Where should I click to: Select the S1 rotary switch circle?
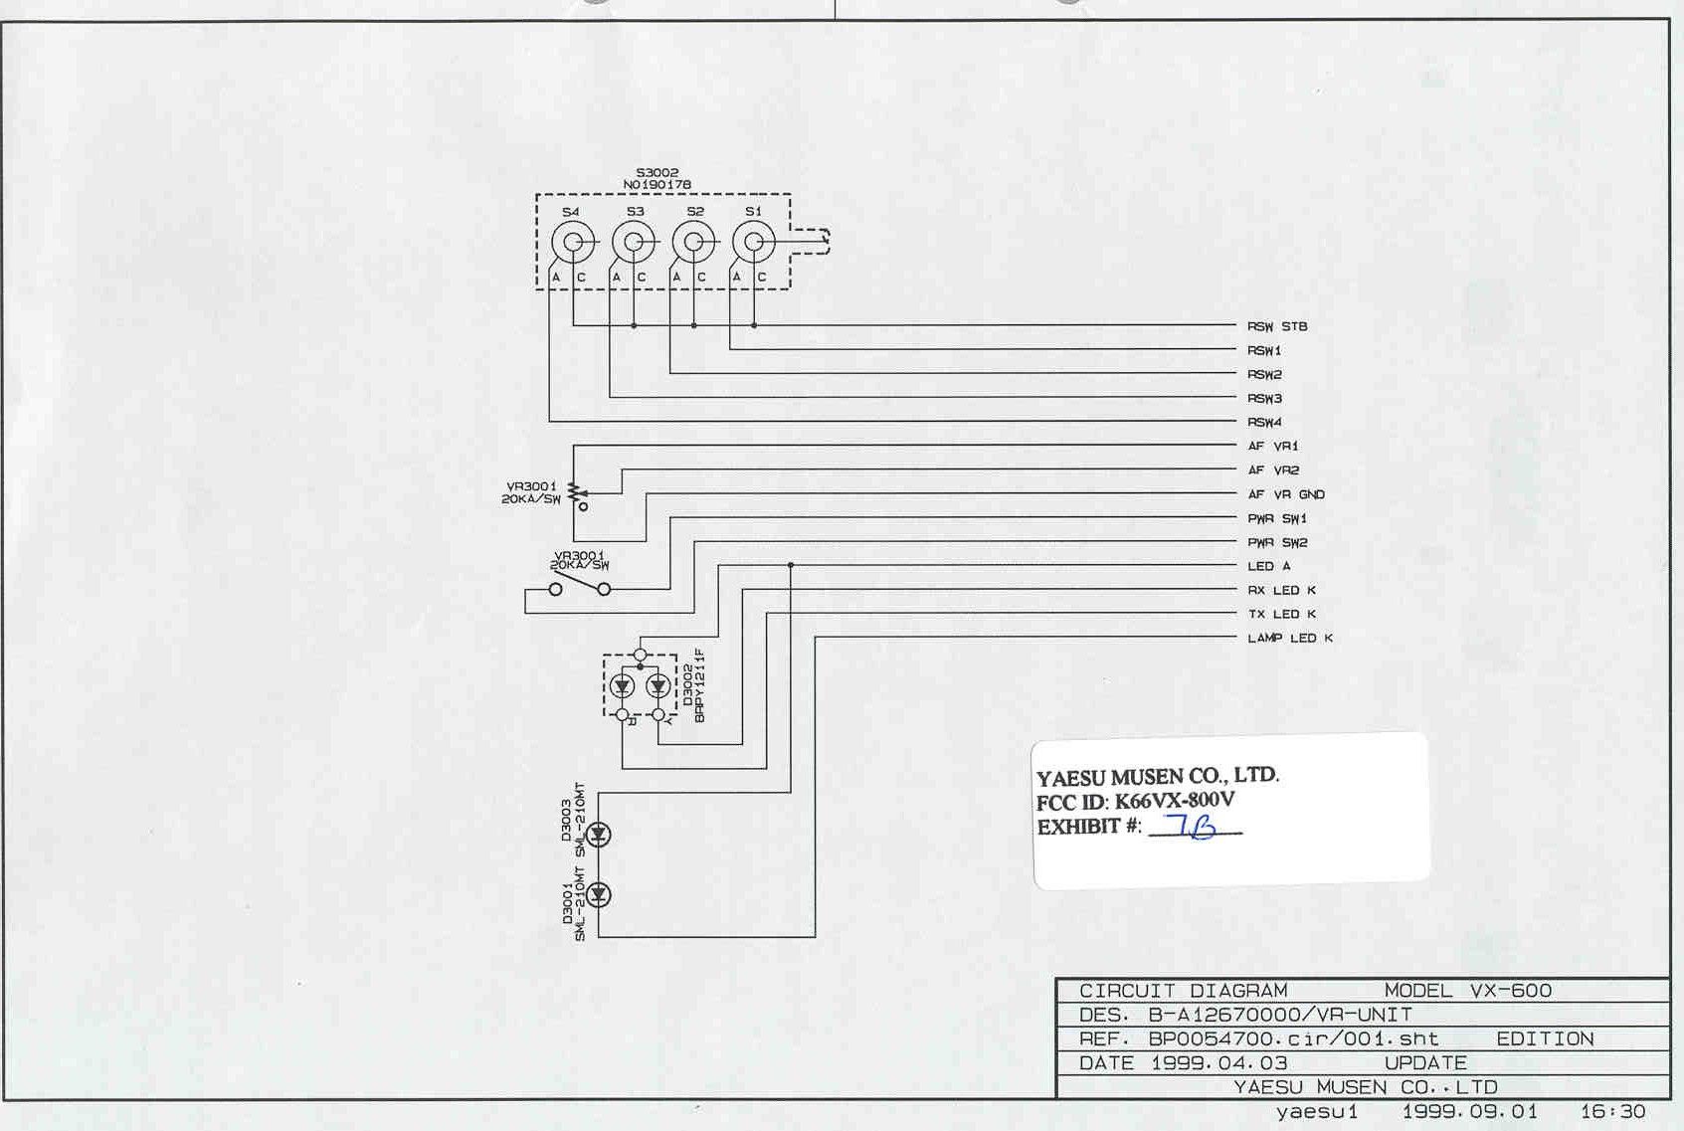[753, 242]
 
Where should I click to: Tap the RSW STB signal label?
[1277, 326]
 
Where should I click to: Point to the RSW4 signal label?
[1264, 422]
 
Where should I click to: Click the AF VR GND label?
[1286, 494]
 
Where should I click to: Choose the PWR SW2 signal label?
[1277, 542]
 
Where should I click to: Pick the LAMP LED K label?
[1290, 638]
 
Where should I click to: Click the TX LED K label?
[1282, 614]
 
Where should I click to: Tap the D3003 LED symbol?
[599, 834]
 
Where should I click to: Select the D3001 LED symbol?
[599, 895]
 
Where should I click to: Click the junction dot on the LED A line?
[790, 565]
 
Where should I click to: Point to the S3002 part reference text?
[657, 173]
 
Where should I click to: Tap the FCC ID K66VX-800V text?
[1136, 801]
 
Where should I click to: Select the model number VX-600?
[1510, 991]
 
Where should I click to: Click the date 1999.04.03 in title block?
[1219, 1063]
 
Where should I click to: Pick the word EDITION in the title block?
[1545, 1039]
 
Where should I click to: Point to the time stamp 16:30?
[1612, 1111]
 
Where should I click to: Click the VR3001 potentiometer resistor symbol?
[574, 492]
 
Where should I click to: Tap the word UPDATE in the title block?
[1425, 1063]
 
